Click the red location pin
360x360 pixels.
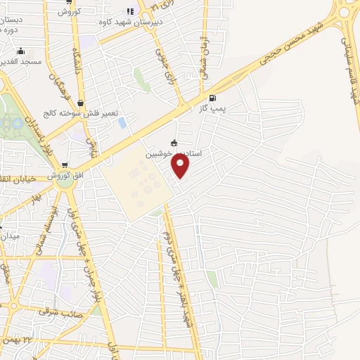click(181, 166)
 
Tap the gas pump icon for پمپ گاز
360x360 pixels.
click(213, 98)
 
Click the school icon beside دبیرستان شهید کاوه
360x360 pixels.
click(129, 11)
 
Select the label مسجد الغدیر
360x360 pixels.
click(21, 62)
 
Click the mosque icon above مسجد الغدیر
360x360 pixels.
click(21, 51)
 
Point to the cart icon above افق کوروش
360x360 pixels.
click(65, 164)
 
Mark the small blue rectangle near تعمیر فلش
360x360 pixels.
click(123, 123)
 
